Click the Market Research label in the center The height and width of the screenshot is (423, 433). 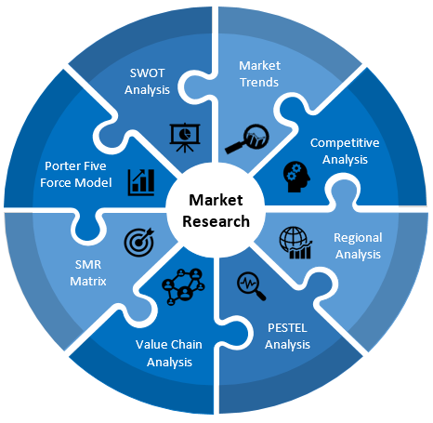tap(216, 211)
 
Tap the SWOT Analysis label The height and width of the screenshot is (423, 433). tap(149, 83)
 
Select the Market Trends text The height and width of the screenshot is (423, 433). tap(258, 73)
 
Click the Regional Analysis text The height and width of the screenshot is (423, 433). tap(357, 246)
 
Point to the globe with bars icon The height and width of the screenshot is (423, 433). tap(295, 243)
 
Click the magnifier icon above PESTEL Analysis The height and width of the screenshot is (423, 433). tap(252, 284)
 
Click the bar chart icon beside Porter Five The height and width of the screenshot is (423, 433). tap(141, 180)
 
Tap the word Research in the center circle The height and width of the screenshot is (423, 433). tap(216, 221)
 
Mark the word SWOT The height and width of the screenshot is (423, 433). tap(149, 74)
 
